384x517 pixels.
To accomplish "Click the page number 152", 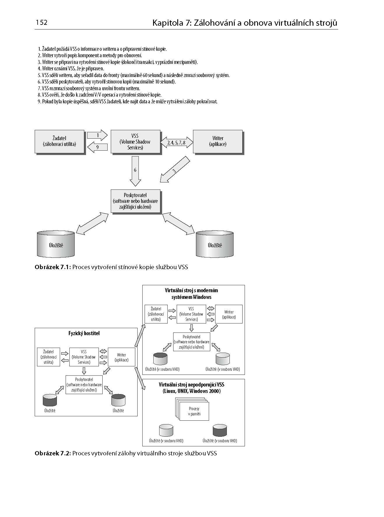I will [x=42, y=22].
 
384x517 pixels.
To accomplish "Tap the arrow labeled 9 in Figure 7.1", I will [x=97, y=147].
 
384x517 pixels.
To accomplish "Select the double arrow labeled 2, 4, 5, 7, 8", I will [x=176, y=143].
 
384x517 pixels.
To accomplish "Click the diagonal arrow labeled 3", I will [x=174, y=170].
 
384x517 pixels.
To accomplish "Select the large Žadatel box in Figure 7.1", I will [x=59, y=141].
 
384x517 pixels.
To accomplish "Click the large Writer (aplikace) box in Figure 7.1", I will [x=218, y=141].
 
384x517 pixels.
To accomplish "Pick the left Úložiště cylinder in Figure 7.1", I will [x=56, y=245].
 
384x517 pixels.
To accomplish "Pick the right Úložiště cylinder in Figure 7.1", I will [x=215, y=245].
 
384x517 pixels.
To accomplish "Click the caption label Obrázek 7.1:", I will [x=53, y=267].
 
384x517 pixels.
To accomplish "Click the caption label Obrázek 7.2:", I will [x=53, y=453].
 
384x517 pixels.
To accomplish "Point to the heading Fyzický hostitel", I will [x=84, y=333].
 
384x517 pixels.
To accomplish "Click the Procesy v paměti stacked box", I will [x=194, y=411].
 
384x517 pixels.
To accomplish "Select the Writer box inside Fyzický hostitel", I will [x=122, y=357].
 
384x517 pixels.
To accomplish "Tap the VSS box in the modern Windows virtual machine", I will [x=191, y=314].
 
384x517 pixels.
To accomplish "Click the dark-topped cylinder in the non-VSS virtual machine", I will [x=220, y=430].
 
